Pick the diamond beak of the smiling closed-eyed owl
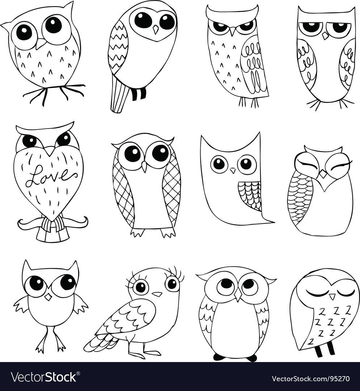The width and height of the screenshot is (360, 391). click(x=323, y=174)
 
